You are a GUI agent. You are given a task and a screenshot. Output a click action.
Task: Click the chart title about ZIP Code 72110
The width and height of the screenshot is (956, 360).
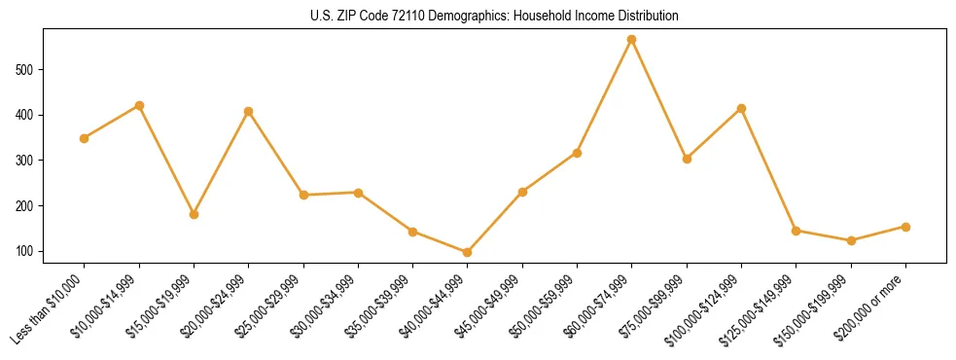click(x=495, y=17)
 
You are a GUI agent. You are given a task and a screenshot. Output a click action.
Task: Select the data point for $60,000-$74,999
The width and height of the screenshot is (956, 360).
click(x=632, y=40)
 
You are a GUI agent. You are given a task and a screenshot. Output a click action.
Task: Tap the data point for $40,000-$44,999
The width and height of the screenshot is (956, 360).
click(x=468, y=252)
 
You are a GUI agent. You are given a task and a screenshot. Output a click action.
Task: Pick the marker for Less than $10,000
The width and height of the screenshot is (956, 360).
click(x=85, y=138)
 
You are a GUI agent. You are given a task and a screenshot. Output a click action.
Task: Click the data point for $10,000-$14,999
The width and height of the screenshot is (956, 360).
click(x=139, y=105)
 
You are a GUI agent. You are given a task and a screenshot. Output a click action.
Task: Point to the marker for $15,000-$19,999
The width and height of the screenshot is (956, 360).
click(x=195, y=214)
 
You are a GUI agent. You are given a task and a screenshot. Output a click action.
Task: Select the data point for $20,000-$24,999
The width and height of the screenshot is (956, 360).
click(x=249, y=111)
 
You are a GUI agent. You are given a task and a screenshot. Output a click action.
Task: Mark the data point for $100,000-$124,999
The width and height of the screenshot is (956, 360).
click(x=742, y=108)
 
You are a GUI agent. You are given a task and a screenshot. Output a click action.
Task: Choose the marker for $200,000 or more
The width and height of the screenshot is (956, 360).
click(x=905, y=227)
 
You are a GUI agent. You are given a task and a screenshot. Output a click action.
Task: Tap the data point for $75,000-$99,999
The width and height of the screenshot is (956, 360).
click(x=687, y=159)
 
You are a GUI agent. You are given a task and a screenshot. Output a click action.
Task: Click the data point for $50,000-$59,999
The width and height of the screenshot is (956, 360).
click(x=578, y=153)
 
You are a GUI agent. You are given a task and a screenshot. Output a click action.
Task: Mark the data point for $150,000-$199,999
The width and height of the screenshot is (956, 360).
click(x=851, y=240)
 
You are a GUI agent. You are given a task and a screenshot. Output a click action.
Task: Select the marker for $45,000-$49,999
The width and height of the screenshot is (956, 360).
click(x=523, y=192)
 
